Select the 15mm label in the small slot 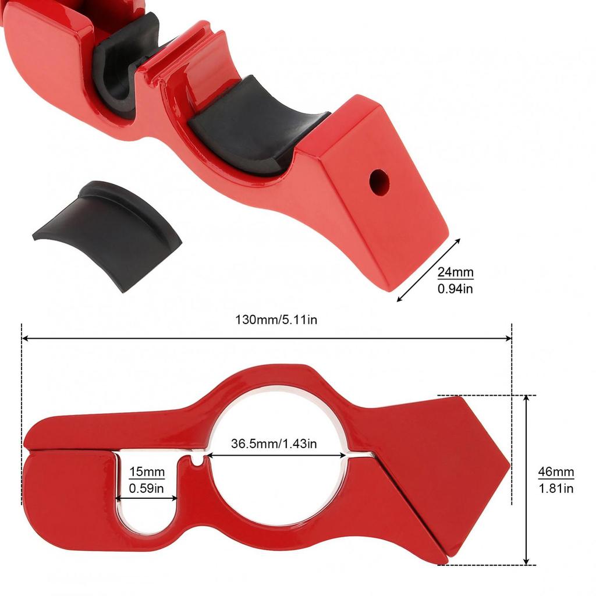coord(147,472)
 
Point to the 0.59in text coord(147,488)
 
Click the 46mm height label coord(555,472)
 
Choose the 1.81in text coord(555,488)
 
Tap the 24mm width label coord(456,272)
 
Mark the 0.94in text coord(456,288)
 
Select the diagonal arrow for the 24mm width coord(428,270)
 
